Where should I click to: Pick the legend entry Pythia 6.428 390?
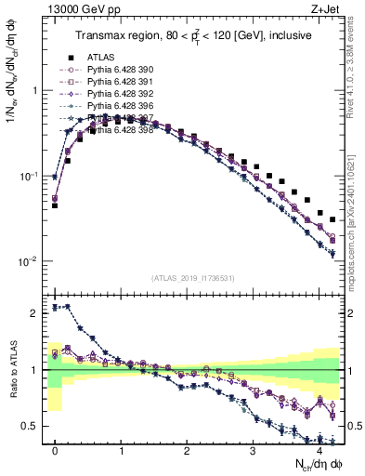[122, 69]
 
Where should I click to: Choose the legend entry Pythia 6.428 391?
[122, 81]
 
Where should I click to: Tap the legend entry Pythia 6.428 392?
[122, 93]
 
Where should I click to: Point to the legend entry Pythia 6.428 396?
[122, 105]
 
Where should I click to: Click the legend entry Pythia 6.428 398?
[122, 129]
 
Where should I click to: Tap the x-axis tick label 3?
[253, 450]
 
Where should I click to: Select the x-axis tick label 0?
[55, 450]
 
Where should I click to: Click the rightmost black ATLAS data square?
[332, 219]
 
